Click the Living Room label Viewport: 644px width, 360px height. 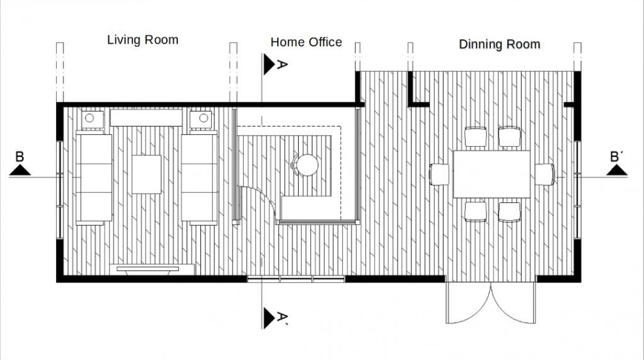tap(142, 40)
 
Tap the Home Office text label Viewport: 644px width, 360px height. tap(306, 42)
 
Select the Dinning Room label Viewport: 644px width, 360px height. tap(499, 44)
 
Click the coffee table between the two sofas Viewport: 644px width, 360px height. tap(147, 174)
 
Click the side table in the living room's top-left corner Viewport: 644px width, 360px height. tap(89, 118)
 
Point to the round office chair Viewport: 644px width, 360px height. tap(307, 165)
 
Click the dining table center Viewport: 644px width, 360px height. tap(492, 174)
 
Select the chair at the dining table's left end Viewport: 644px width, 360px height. tap(440, 174)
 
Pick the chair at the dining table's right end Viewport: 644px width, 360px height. tap(544, 174)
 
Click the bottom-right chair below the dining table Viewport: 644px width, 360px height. tap(509, 211)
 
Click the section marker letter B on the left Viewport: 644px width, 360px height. tap(20, 157)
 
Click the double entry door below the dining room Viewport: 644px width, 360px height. tap(490, 303)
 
